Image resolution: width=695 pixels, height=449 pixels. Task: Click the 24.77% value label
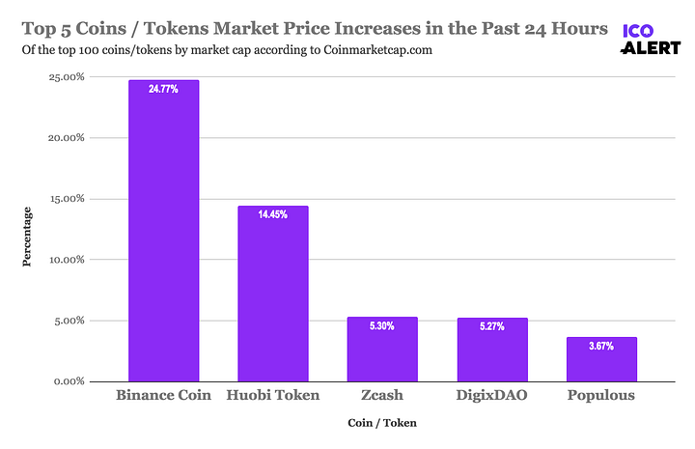(x=163, y=89)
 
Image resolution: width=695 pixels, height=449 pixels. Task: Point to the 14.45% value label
(x=273, y=215)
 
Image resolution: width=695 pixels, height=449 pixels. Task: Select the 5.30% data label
(x=382, y=326)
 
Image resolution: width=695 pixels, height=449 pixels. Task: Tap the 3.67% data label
(x=601, y=347)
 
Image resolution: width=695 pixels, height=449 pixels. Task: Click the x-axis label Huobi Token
(x=273, y=396)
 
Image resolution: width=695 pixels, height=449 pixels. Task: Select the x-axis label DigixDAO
(x=491, y=396)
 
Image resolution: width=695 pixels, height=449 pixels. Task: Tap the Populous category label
(x=601, y=396)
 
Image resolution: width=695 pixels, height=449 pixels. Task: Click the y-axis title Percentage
(x=27, y=236)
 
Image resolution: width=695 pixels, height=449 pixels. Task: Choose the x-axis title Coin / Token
(x=381, y=422)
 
